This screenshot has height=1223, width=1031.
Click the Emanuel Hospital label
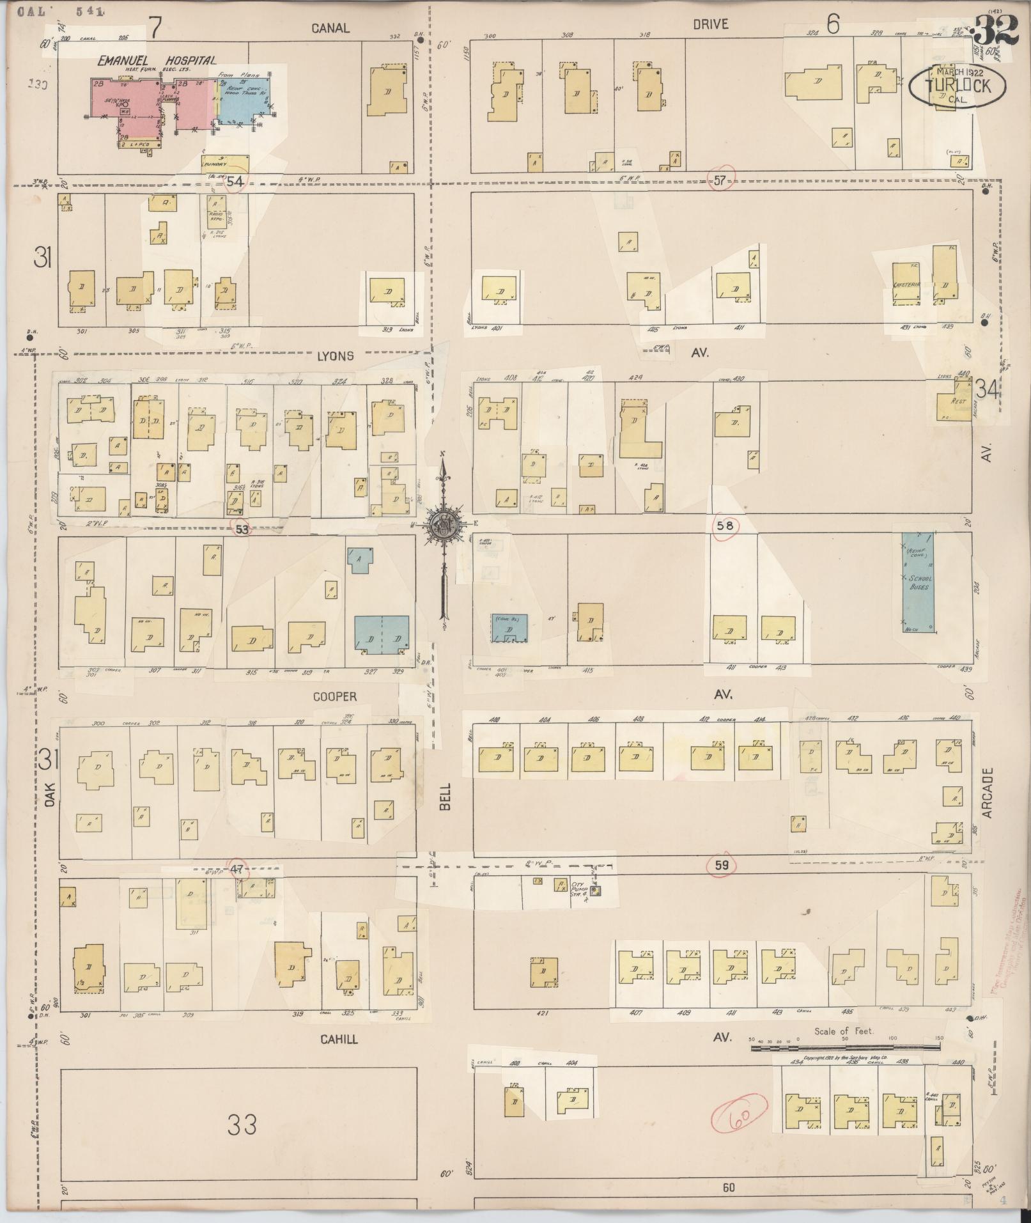tap(157, 61)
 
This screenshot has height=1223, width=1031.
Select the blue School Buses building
tap(918, 582)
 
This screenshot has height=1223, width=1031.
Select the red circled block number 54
tap(235, 182)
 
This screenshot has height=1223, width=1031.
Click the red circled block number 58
tap(725, 526)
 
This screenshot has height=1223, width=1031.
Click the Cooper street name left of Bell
tap(335, 696)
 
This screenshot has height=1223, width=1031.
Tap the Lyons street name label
tap(335, 355)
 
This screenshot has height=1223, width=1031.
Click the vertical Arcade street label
tap(988, 793)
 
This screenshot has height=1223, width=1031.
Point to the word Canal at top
tap(330, 27)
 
